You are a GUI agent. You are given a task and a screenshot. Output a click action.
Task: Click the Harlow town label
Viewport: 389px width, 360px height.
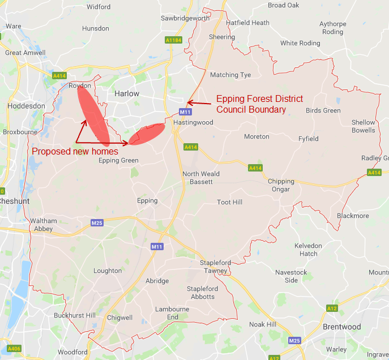pyautogui.click(x=126, y=93)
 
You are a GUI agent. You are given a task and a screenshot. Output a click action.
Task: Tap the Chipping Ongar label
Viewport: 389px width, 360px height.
pyautogui.click(x=281, y=185)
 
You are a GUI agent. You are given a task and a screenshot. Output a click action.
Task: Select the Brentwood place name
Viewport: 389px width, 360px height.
pyautogui.click(x=341, y=327)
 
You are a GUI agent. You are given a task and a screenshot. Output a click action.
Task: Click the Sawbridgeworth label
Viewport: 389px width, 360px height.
pyautogui.click(x=185, y=18)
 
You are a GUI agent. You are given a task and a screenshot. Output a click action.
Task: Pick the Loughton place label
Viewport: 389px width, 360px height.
pyautogui.click(x=108, y=271)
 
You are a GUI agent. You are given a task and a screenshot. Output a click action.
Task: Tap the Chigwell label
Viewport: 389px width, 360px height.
pyautogui.click(x=119, y=318)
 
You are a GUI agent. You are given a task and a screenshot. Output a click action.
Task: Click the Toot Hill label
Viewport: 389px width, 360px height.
pyautogui.click(x=229, y=202)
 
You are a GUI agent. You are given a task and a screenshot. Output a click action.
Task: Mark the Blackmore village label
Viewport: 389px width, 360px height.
pyautogui.click(x=352, y=216)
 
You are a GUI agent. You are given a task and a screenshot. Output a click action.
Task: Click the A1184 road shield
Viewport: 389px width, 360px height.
pyautogui.click(x=174, y=40)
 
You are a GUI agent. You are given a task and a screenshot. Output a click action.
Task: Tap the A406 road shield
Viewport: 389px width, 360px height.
pyautogui.click(x=14, y=348)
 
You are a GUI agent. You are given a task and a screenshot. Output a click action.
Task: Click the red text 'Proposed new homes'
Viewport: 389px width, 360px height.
pyautogui.click(x=75, y=151)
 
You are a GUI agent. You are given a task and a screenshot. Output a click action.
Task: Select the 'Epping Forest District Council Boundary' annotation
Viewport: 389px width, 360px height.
pyautogui.click(x=259, y=104)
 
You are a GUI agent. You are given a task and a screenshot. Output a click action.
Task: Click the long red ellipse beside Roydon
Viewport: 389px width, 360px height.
pyautogui.click(x=94, y=114)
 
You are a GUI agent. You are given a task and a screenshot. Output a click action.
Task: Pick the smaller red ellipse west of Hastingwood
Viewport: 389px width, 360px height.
pyautogui.click(x=147, y=134)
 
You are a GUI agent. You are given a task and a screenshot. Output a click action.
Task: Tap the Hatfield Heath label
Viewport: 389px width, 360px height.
pyautogui.click(x=247, y=23)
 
